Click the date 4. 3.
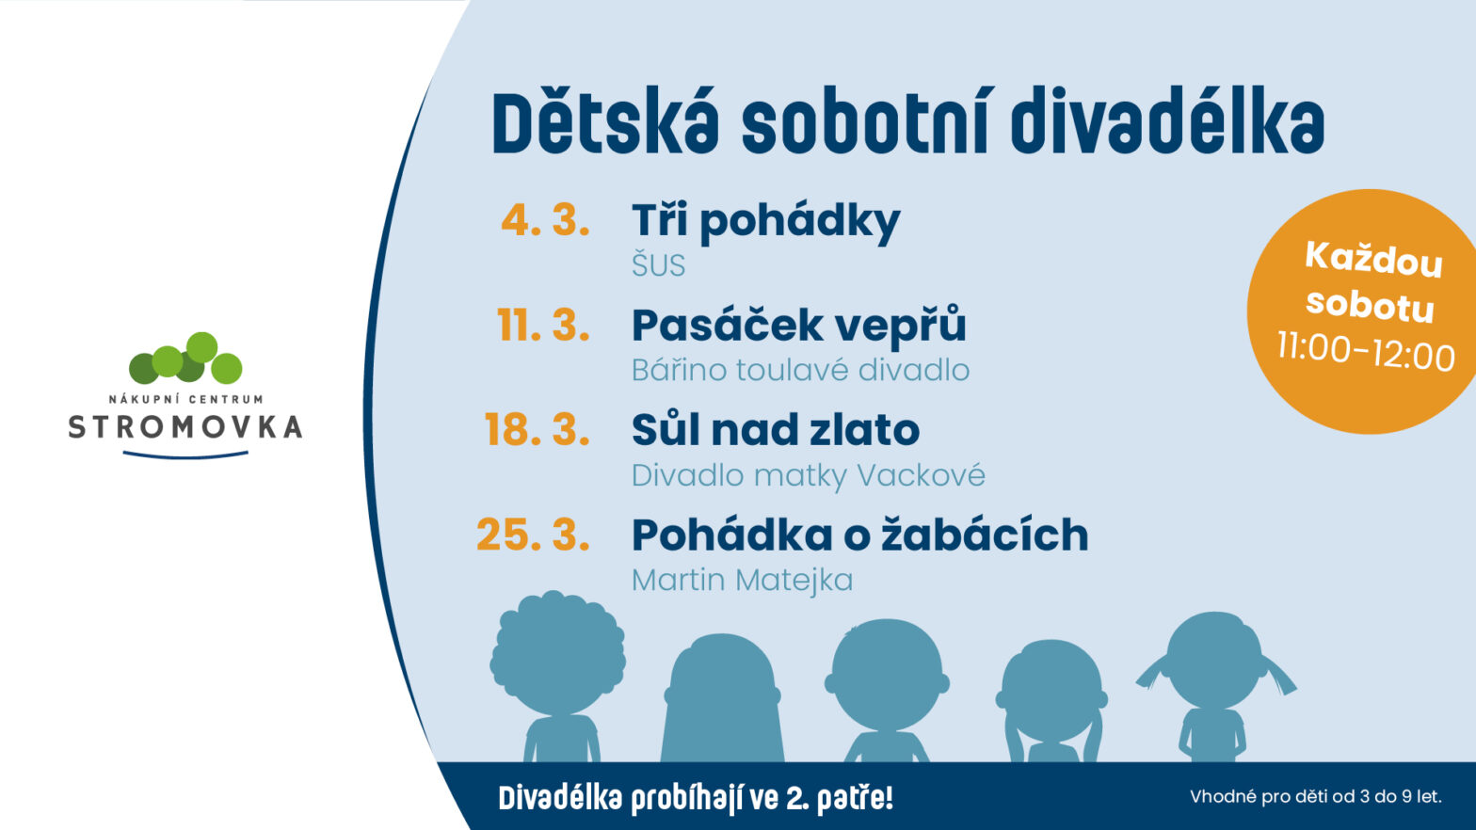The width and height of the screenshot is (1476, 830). click(x=545, y=220)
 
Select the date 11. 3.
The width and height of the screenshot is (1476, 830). click(x=543, y=325)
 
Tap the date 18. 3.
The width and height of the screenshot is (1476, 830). click(x=537, y=429)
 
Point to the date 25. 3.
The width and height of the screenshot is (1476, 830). click(x=533, y=535)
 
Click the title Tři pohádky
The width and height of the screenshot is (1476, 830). click(x=765, y=222)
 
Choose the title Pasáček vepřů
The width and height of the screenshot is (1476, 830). click(x=798, y=326)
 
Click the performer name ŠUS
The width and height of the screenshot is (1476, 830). click(x=658, y=264)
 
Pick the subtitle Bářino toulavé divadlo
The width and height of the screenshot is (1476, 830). click(x=800, y=370)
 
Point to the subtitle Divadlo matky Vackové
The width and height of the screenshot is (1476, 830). click(x=809, y=475)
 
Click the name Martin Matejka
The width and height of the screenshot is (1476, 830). click(x=742, y=581)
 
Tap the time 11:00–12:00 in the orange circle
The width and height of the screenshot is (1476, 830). click(x=1366, y=351)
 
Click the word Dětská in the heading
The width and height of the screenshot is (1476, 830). click(x=605, y=124)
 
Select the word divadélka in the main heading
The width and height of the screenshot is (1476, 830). click(x=1167, y=124)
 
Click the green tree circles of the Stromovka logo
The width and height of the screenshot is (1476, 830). click(x=185, y=359)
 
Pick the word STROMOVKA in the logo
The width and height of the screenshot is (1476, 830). click(x=185, y=427)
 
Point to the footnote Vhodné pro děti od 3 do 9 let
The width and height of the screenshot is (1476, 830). click(x=1316, y=796)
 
